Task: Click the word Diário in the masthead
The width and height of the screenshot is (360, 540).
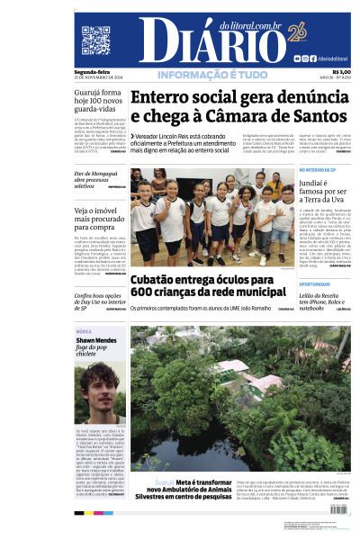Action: click(189, 41)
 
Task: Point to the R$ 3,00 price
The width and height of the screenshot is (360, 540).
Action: click(341, 72)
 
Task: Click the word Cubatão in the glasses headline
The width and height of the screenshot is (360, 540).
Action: click(162, 280)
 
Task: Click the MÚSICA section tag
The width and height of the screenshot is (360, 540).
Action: click(84, 331)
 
